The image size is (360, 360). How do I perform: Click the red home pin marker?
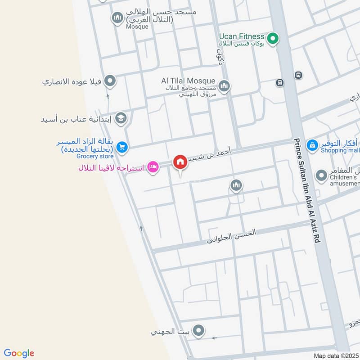tap(180, 162)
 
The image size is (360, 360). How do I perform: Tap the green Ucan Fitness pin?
tap(272, 39)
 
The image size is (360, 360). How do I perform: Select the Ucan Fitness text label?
tap(241, 36)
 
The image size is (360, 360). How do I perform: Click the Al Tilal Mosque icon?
tap(224, 85)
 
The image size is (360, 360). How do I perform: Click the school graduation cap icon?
tap(121, 118)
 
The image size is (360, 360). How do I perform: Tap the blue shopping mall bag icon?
tap(312, 145)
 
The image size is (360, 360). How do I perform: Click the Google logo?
tap(19, 353)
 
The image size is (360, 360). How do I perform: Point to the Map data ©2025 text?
tap(335, 355)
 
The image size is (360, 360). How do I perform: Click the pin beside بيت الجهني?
tap(198, 332)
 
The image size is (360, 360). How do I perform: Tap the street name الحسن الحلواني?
tap(231, 236)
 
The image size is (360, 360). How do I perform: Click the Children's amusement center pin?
tap(321, 175)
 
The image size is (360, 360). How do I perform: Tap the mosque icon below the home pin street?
tap(236, 185)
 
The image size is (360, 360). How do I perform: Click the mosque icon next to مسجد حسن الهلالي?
tap(117, 18)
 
